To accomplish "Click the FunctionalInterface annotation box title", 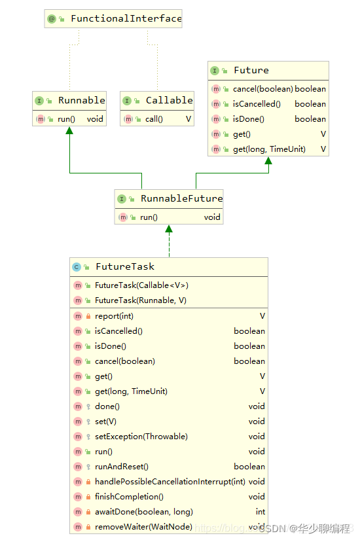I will coord(126,19).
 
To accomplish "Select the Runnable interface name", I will coord(81,100).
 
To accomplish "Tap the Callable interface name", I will coord(169,100).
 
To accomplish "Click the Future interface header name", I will coord(251,70).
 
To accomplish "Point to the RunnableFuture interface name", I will coord(181,198).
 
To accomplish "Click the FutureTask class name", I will coord(124,266).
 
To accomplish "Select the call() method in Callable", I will coord(154,119).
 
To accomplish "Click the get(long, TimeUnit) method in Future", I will coord(269,149).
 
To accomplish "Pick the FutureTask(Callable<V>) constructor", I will coord(141,285).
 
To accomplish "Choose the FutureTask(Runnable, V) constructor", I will coord(140,300).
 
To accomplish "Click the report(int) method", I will coord(114,316).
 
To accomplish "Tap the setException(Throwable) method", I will coord(141,437).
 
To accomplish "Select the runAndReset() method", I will coord(122,467).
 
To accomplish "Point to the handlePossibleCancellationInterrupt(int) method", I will coord(170,482).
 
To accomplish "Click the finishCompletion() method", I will coord(129,497).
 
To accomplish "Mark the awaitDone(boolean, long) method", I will coord(144,512).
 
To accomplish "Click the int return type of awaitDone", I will coord(260,512).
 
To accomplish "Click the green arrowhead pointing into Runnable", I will coord(69,131).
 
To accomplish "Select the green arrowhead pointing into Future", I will coord(268,161).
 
